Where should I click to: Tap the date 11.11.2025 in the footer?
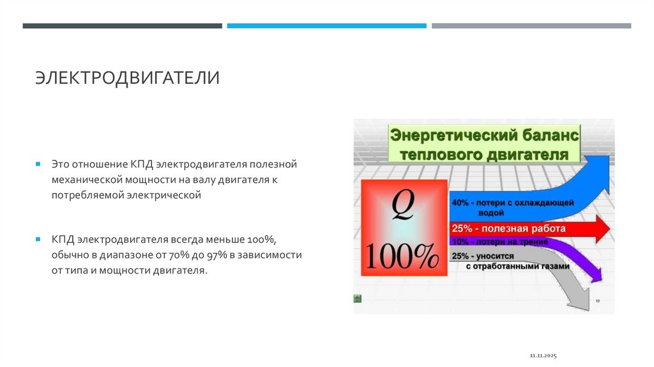pos(544,354)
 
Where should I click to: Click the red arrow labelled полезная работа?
pos(524,228)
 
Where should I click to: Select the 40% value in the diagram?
pos(459,203)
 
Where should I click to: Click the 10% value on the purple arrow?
pos(459,242)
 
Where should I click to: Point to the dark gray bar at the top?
pos(123,26)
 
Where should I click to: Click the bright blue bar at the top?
pos(326,26)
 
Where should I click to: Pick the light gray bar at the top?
pos(531,26)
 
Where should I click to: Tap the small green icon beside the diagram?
pos(358,298)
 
